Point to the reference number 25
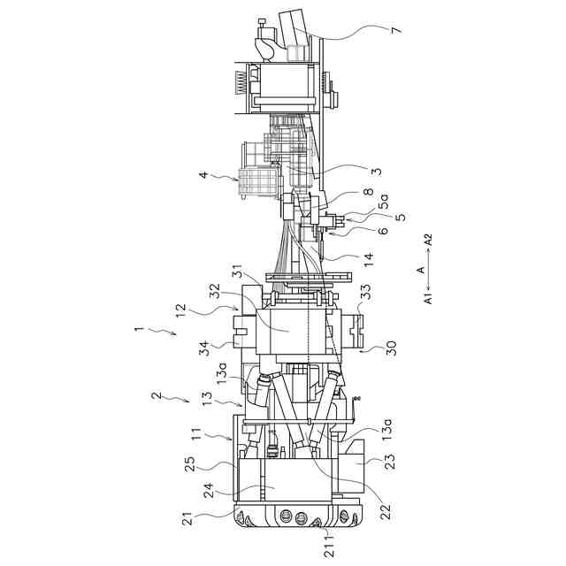coord(190,464)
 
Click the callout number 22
coord(385,511)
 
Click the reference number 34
coord(205,348)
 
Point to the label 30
coord(391,348)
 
